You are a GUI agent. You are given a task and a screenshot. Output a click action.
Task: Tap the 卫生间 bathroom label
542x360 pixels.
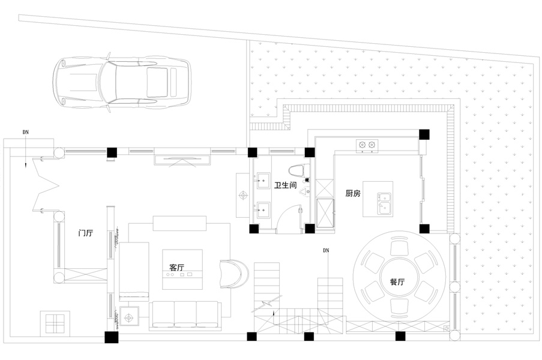[x=285, y=186]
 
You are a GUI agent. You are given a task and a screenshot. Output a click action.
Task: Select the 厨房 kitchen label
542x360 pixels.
[x=352, y=193]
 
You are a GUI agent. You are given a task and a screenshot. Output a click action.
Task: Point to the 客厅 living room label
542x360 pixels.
[x=177, y=267]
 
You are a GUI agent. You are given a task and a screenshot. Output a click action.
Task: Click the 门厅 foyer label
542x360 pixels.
[x=86, y=232]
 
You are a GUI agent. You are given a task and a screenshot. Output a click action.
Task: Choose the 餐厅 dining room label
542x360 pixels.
[x=397, y=281]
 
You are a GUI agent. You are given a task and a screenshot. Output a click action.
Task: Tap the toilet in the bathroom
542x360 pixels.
[x=298, y=172]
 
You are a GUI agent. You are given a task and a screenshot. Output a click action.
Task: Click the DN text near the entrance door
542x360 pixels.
[x=25, y=131]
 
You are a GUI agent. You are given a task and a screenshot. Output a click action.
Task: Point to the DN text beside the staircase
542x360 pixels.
[x=326, y=250]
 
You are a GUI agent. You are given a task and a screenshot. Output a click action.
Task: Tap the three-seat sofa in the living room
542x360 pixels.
[x=185, y=314]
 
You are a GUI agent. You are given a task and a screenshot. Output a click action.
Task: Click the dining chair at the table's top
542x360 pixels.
[x=398, y=247]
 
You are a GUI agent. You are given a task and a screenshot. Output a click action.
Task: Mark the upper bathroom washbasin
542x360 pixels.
[x=262, y=178]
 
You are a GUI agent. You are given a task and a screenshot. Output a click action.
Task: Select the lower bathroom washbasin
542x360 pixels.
[x=262, y=210]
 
